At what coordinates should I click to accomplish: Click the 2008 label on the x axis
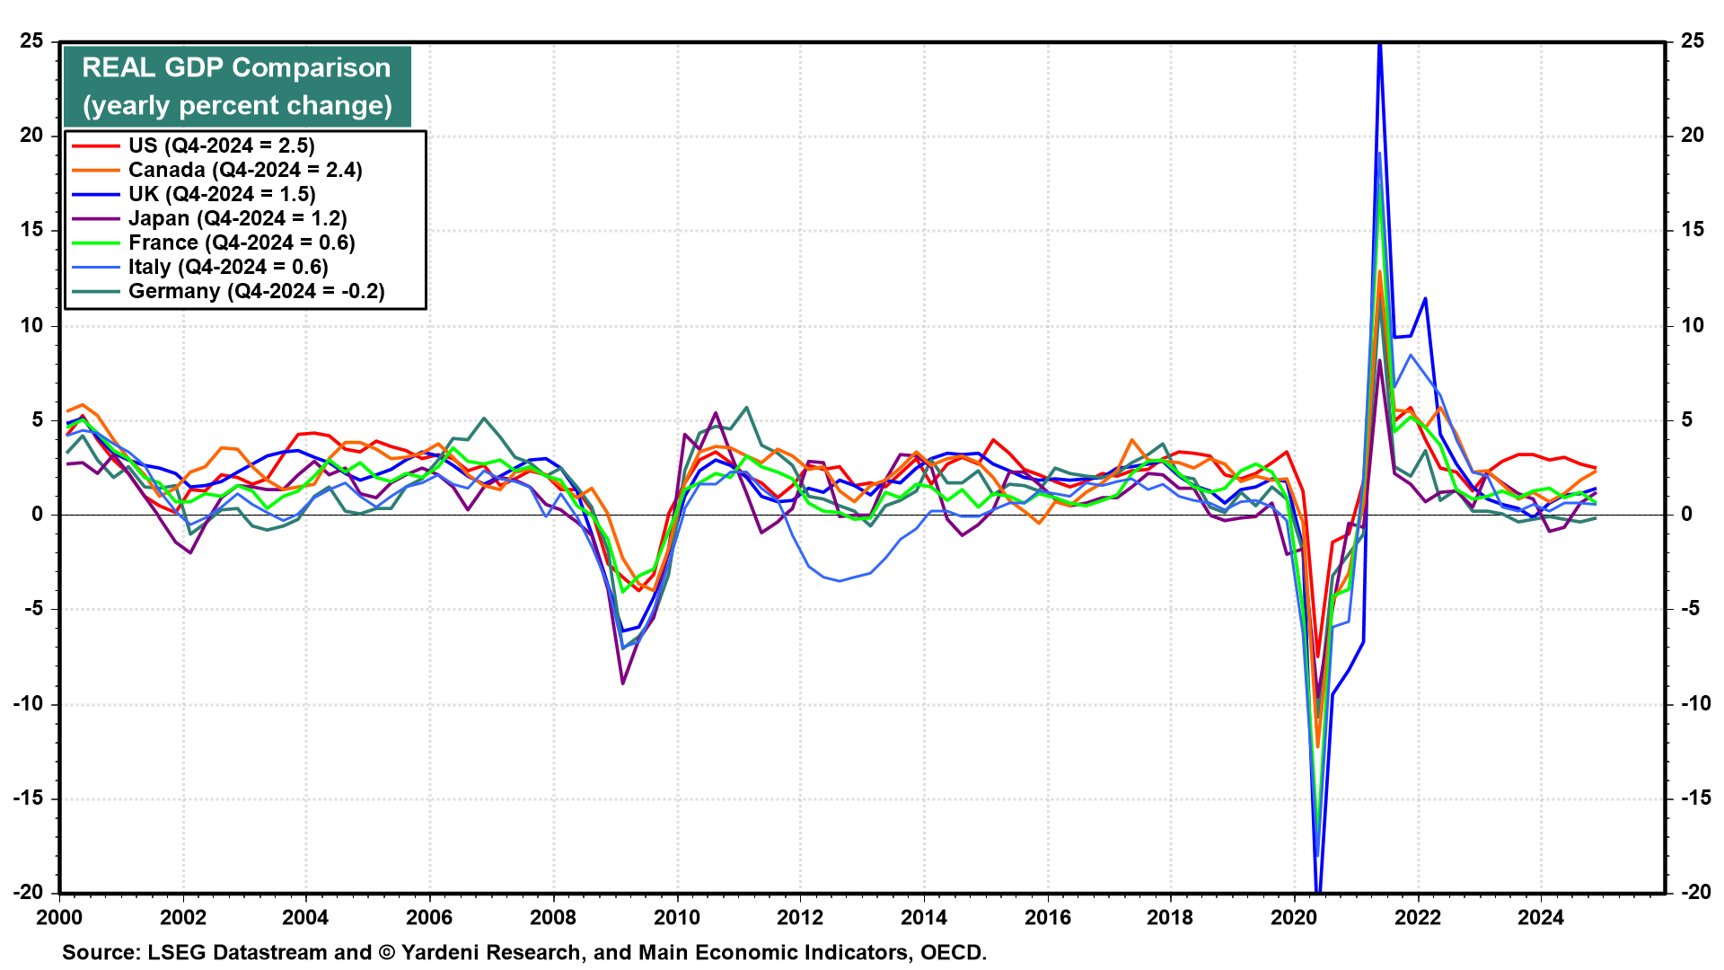tap(553, 917)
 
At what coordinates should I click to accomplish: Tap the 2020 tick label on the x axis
tap(1294, 917)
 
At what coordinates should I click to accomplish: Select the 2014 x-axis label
tap(924, 917)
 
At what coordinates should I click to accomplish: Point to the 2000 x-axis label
tap(59, 917)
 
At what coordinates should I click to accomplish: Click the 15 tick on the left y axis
tap(31, 230)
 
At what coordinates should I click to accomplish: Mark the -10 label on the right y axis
tap(1687, 703)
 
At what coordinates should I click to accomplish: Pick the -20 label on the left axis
tap(28, 892)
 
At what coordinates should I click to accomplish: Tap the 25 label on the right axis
tap(1692, 40)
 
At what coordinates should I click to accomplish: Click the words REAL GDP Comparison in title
tap(236, 67)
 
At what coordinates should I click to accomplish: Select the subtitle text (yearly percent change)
tap(237, 106)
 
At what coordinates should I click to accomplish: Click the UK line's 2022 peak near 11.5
tap(1425, 298)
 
